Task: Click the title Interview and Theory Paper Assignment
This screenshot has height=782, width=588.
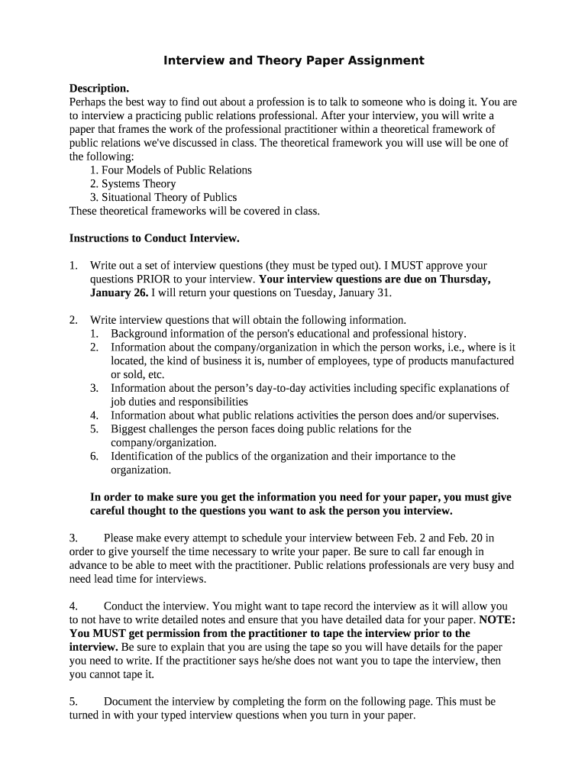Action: point(294,60)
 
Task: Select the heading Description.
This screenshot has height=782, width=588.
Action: point(99,88)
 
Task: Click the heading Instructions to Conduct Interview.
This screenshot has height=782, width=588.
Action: point(154,238)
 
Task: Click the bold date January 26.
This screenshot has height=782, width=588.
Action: point(118,293)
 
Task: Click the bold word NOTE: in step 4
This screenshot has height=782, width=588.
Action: point(497,620)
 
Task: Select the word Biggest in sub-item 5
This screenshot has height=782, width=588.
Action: point(130,429)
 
